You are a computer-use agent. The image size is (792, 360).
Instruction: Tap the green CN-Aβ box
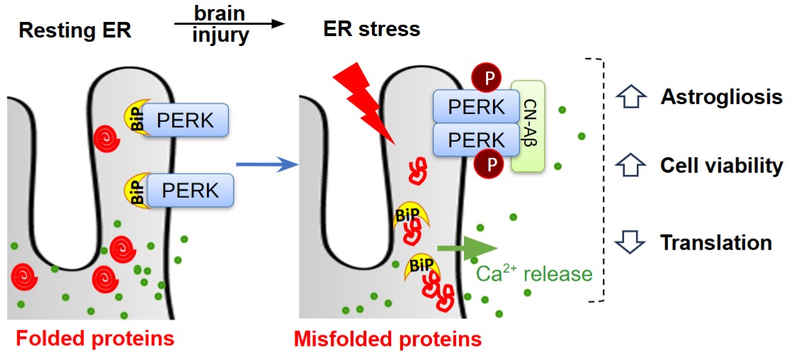coord(528,125)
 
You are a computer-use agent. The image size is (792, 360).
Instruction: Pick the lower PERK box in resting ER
coord(191,190)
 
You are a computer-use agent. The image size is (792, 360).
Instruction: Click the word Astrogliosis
coord(721,97)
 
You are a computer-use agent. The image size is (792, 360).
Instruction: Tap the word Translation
coord(715,242)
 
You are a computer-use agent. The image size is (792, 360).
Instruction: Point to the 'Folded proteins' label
coord(95,338)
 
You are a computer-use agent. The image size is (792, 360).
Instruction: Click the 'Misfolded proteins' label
coord(387,339)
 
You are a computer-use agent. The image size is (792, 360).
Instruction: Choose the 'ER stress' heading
coord(368,30)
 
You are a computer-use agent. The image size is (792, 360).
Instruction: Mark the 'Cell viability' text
coord(721,166)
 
